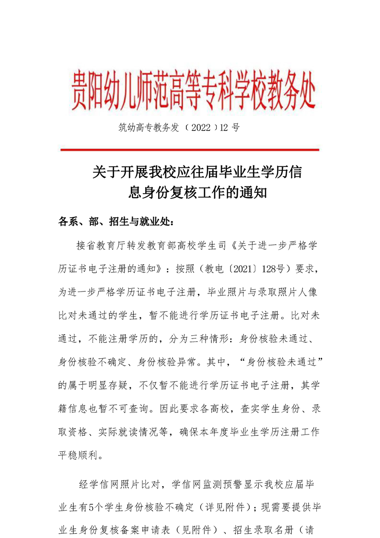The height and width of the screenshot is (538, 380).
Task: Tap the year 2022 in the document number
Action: point(200,128)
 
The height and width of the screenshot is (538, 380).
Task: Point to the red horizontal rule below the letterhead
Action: point(190,150)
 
